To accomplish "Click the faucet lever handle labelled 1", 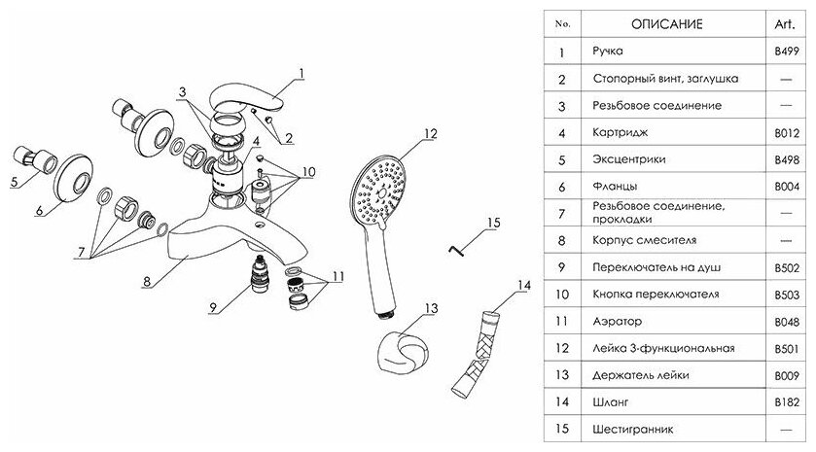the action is [247, 98].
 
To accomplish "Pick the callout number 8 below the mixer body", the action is [145, 283].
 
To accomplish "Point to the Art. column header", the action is [786, 23].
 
